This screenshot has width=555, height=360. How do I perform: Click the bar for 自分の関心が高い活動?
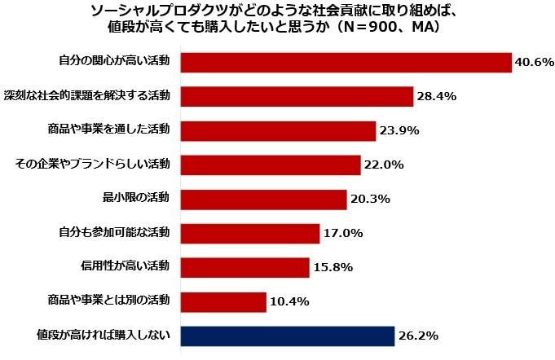(346, 63)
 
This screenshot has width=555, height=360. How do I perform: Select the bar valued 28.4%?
(297, 96)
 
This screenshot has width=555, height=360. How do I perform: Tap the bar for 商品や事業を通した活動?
(278, 130)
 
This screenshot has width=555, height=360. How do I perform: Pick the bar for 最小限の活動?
(263, 200)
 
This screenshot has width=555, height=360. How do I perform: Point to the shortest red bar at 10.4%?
(223, 302)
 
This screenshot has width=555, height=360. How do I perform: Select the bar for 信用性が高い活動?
(244, 268)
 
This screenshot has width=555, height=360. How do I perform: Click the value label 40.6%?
(533, 63)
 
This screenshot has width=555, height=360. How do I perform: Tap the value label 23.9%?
(399, 130)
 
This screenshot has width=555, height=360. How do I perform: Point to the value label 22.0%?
(384, 165)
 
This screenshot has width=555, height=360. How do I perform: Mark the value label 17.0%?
(342, 234)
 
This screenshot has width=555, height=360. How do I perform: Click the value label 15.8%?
(333, 268)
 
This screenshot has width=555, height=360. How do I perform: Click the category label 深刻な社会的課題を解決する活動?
(87, 95)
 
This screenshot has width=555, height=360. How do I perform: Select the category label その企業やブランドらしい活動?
(93, 165)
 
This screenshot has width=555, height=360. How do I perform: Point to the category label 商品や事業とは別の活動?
(109, 301)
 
